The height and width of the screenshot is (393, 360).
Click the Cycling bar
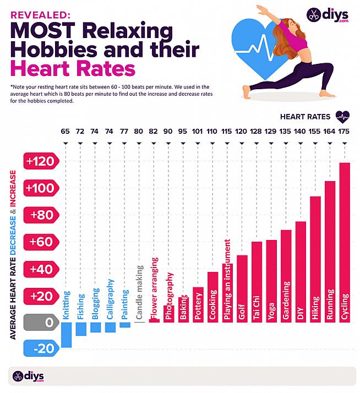tap(345, 242)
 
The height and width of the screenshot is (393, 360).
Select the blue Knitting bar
tap(67, 335)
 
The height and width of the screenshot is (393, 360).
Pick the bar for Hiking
tap(315, 259)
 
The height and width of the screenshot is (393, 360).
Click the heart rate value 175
tap(345, 132)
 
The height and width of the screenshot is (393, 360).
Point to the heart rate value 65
tap(66, 132)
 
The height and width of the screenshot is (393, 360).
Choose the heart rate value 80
tap(139, 132)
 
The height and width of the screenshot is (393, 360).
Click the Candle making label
tap(139, 292)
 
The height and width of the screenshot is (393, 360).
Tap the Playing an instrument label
tap(227, 280)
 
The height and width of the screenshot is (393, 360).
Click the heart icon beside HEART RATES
tap(342, 116)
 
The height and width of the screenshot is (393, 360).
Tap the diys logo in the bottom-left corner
tap(28, 376)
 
